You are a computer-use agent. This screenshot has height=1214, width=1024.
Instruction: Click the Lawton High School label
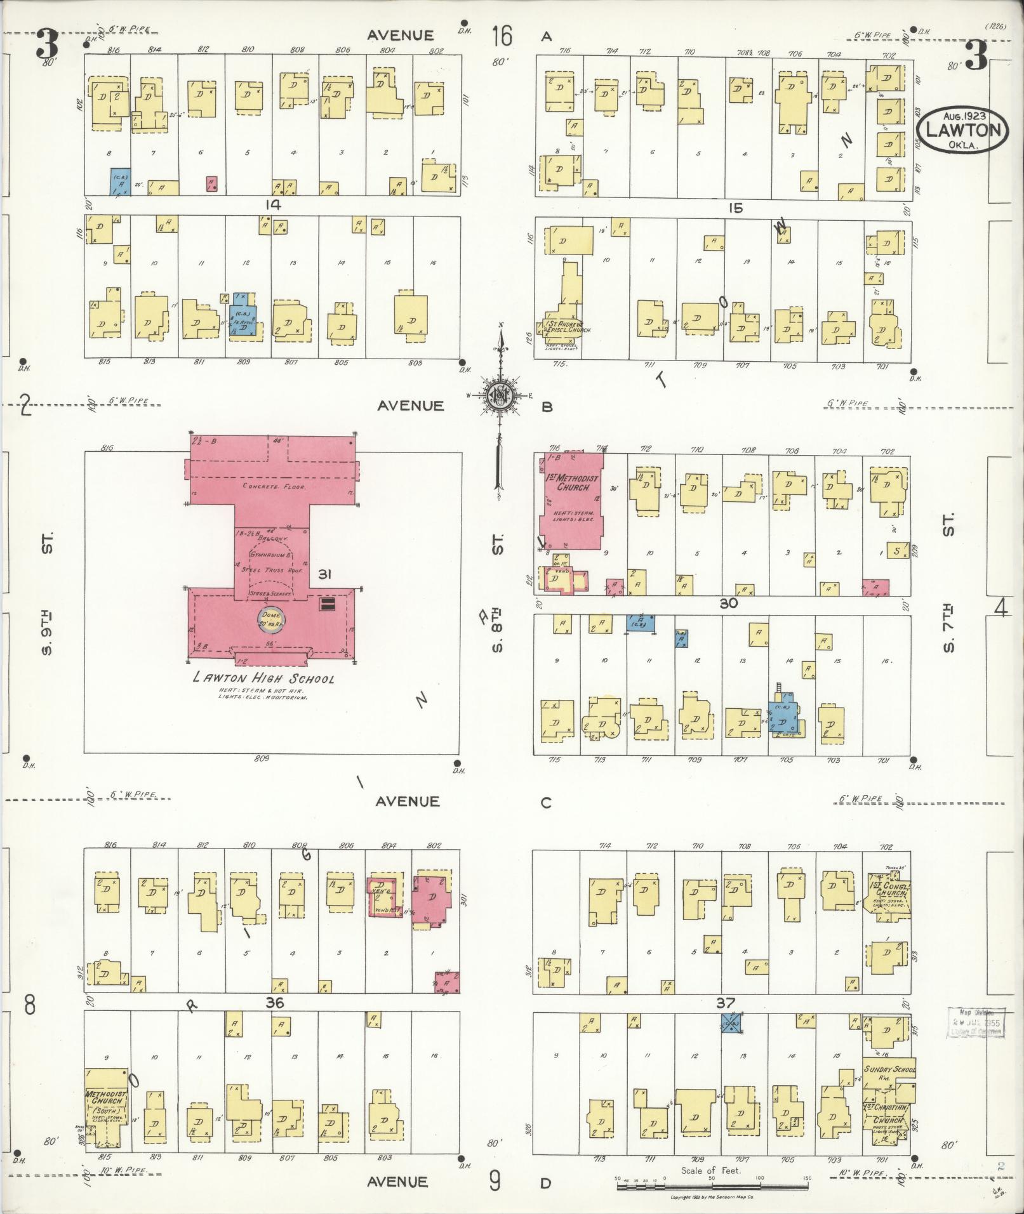pos(263,678)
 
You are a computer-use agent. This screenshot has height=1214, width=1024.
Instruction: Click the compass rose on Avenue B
pos(500,396)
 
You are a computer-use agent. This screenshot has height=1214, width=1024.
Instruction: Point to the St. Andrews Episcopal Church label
pos(568,327)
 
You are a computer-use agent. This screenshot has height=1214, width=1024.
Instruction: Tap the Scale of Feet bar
pos(711,1185)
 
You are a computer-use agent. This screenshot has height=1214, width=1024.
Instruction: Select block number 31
pos(325,575)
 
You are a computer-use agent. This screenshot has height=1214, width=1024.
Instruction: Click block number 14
pos(274,204)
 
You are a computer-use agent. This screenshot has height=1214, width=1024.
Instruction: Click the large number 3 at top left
pos(47,46)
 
